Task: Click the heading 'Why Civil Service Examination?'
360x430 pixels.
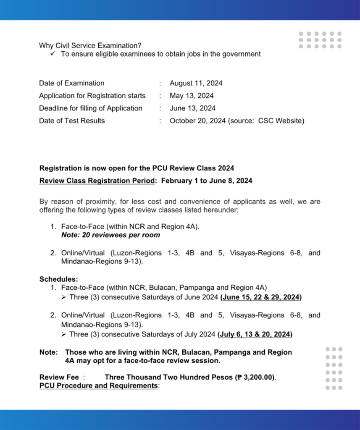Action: pos(90,45)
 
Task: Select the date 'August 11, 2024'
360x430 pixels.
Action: pos(196,83)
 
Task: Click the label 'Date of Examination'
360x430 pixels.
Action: pos(71,83)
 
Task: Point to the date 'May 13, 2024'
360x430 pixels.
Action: pos(192,96)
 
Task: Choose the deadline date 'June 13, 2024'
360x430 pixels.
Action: pos(192,108)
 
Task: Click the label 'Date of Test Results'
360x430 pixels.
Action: pos(72,121)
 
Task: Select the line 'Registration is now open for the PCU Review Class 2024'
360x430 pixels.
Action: pos(137,168)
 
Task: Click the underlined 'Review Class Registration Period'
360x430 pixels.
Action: pos(96,181)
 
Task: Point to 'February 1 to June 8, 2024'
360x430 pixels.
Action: pos(206,181)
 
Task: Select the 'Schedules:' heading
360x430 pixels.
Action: pos(58,279)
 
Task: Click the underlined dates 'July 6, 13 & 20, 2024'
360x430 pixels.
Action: pos(255,335)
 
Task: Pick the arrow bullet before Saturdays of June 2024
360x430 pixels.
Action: pos(64,297)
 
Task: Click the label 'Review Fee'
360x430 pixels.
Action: pos(59,377)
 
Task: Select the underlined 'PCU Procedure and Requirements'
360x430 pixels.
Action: pos(98,385)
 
